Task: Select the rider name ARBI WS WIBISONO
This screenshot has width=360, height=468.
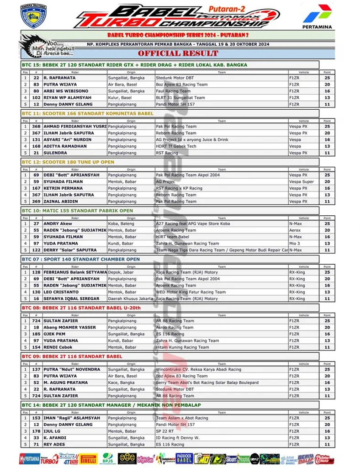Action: point(66,91)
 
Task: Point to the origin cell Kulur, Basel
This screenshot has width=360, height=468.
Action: point(120,97)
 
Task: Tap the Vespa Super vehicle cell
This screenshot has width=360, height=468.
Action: point(301,181)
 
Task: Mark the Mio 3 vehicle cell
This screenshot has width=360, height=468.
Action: point(294,244)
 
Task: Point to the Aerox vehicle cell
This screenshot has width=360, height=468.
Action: point(295,230)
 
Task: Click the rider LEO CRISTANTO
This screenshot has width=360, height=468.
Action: point(62,292)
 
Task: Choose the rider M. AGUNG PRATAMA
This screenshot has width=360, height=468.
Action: point(65,383)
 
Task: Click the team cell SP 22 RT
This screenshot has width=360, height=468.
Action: point(164,431)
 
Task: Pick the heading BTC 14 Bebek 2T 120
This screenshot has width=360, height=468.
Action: point(111,405)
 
